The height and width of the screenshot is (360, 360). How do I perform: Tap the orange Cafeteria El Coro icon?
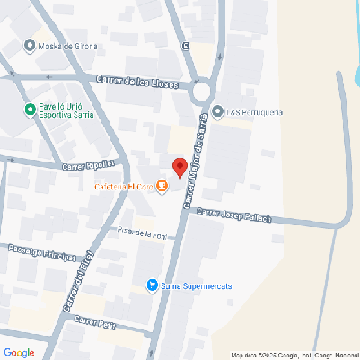162,187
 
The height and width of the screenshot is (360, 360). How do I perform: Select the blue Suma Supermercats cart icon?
151,285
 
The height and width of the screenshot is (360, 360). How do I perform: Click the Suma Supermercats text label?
196,285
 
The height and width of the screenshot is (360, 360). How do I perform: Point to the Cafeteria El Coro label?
123,187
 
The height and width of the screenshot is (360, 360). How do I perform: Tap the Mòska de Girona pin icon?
31,45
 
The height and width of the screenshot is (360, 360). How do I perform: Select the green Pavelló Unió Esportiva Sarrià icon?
30,110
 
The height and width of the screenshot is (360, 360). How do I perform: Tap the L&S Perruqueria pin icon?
217,112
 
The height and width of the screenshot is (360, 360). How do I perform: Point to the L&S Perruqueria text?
255,112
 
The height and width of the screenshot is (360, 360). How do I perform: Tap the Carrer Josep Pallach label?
233,216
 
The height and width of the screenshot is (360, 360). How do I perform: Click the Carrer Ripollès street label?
89,165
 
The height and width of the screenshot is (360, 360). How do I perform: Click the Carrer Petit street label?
95,321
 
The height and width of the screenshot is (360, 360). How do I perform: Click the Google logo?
19,352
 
